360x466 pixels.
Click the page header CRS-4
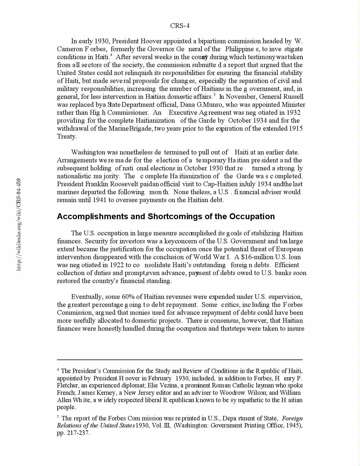180,26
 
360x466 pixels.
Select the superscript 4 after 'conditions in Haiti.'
111,55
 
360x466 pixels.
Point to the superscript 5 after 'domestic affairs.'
214,95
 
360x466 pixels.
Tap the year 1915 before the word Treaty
296,129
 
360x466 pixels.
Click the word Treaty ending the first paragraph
66,137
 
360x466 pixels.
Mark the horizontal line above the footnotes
180,360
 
